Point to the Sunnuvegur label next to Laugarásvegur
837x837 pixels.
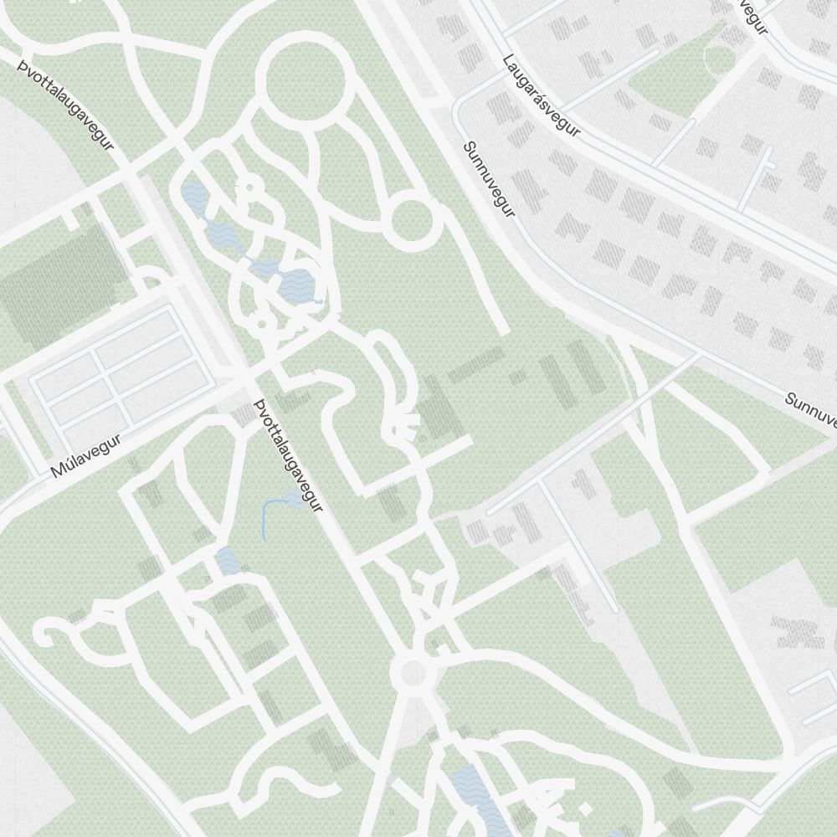490,179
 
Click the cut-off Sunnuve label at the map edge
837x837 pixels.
810,410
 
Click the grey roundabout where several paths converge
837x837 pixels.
412,671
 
